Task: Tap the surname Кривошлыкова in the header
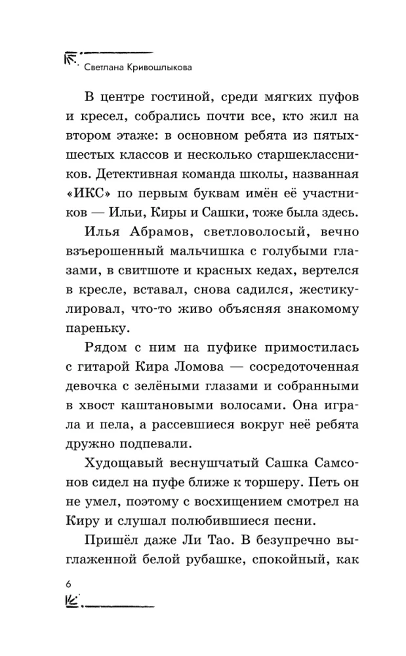tap(155, 66)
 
